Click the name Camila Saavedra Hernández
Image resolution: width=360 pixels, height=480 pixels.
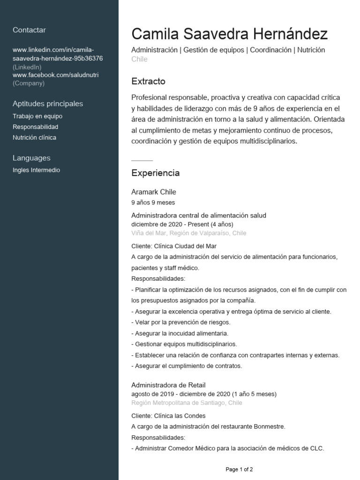click(x=229, y=34)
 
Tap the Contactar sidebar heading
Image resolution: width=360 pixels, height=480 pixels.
click(x=29, y=30)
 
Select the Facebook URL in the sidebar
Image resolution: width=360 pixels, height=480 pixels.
click(x=55, y=75)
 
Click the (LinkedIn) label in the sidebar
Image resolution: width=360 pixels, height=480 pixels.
click(x=27, y=67)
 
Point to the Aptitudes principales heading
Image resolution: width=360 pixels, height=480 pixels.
click(x=48, y=104)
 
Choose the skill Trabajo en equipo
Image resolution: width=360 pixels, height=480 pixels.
click(x=37, y=116)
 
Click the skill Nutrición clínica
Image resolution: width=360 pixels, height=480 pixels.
click(x=34, y=138)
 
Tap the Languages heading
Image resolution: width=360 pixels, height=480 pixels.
click(x=31, y=158)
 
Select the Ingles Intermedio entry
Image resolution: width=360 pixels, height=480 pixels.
click(x=36, y=170)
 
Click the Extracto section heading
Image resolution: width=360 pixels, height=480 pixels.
click(x=148, y=82)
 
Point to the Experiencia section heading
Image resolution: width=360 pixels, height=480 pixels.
click(x=155, y=173)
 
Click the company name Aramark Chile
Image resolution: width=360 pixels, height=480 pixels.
click(x=154, y=192)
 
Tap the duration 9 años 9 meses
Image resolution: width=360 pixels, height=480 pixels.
click(x=153, y=203)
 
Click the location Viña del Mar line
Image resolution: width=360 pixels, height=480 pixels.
click(x=188, y=233)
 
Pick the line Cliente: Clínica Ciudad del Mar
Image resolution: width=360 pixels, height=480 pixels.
click(x=174, y=246)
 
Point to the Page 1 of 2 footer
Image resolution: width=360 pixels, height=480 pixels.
click(x=239, y=469)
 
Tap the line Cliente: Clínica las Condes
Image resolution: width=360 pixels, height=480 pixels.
click(x=168, y=416)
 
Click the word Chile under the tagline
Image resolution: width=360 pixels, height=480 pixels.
click(x=139, y=60)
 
